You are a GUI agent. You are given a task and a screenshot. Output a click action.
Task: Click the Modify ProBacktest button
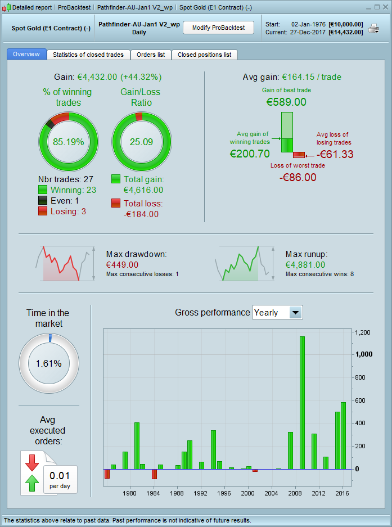[x=218, y=28]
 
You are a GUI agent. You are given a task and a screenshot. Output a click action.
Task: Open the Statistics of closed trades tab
[x=88, y=55]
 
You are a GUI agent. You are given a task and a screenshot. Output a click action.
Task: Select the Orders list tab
[x=151, y=55]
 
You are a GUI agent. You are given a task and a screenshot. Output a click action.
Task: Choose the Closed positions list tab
[x=204, y=55]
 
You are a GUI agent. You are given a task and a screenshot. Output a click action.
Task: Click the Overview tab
[x=26, y=54]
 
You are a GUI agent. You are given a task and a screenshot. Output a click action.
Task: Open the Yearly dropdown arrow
[x=295, y=312]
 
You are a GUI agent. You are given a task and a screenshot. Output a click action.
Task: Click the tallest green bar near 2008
[x=302, y=402]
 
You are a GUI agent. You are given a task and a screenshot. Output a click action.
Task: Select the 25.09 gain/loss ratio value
[x=141, y=142]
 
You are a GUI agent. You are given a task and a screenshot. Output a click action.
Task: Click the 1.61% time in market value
[x=48, y=363]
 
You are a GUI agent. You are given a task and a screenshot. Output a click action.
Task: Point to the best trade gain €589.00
[x=286, y=102]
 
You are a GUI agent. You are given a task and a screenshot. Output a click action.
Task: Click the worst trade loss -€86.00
[x=298, y=177]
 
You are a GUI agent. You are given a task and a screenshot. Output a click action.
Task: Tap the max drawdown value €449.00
[x=122, y=264]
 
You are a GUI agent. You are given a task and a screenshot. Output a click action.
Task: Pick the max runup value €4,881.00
[x=305, y=264]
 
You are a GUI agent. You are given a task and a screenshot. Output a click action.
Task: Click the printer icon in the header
[x=374, y=29]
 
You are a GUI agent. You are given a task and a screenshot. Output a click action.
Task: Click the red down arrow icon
[x=31, y=462]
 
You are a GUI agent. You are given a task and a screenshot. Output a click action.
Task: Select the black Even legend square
[x=43, y=201]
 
